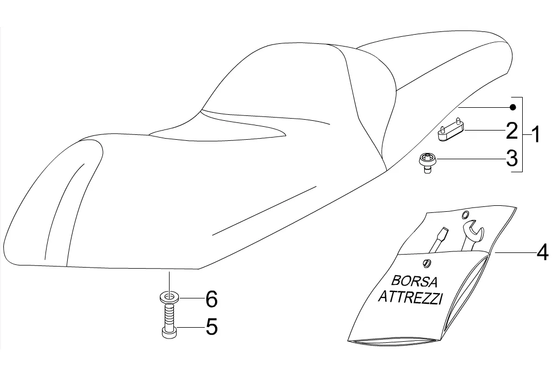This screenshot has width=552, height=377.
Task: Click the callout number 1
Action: coord(535,134)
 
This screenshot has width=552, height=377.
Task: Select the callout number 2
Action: coord(512,131)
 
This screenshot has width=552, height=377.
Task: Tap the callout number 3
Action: coord(512,159)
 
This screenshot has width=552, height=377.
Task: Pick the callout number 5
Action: coord(211,327)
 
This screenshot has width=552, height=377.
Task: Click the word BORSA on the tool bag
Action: coord(414,281)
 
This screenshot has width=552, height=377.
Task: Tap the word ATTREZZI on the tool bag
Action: coord(410,297)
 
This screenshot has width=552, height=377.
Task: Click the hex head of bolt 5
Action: coord(170,332)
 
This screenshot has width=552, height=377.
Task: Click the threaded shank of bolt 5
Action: coord(170,314)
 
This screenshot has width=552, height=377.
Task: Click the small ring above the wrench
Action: coord(465,215)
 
